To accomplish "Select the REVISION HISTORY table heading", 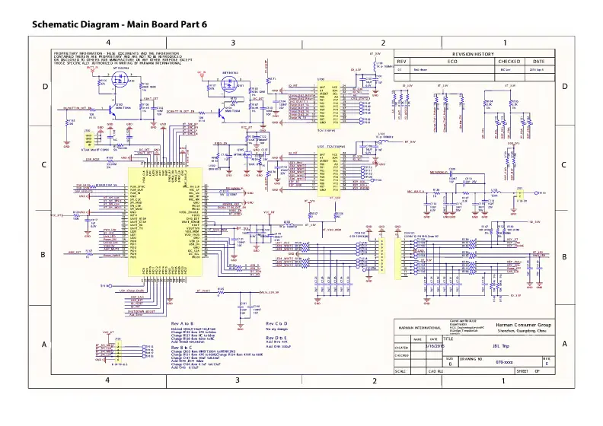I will (473, 55).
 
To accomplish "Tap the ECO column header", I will (451, 62).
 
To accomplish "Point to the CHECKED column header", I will (509, 62).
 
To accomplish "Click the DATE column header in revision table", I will (538, 62).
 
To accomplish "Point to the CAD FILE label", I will (435, 370).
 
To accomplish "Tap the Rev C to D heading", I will (276, 323).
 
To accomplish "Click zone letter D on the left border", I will (44, 87).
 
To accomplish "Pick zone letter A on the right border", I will (565, 344).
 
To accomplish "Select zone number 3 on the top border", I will (233, 43).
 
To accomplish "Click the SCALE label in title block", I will (400, 370).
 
